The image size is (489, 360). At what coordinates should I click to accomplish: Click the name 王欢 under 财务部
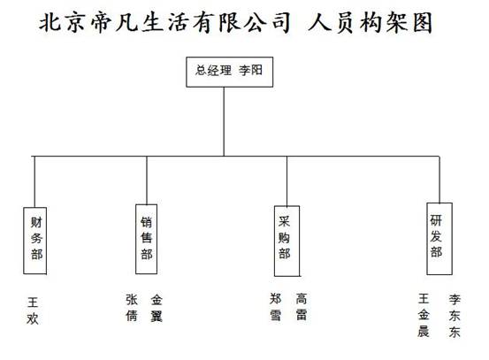point(33,310)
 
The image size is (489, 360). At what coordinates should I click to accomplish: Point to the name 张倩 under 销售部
point(131,307)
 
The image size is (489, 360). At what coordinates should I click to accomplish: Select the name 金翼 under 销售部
point(157,307)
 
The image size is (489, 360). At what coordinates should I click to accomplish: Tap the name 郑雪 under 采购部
point(276,307)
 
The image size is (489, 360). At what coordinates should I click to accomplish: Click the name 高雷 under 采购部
point(302,307)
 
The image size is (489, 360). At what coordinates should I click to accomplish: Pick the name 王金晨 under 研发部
point(424,315)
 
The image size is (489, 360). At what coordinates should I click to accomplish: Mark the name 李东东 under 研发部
point(455,316)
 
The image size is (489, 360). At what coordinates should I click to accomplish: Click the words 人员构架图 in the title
point(371,22)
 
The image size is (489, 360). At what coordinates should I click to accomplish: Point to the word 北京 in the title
point(62,22)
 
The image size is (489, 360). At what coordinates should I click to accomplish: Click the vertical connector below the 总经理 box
point(224,121)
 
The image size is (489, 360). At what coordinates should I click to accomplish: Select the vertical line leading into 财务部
point(34,181)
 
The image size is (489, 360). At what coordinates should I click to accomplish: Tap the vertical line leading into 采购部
point(287,180)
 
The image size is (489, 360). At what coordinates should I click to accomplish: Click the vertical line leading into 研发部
point(439,180)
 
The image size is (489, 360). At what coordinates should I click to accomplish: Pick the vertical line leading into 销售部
point(147,180)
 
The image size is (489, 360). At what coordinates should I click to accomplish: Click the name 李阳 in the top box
point(251,70)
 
